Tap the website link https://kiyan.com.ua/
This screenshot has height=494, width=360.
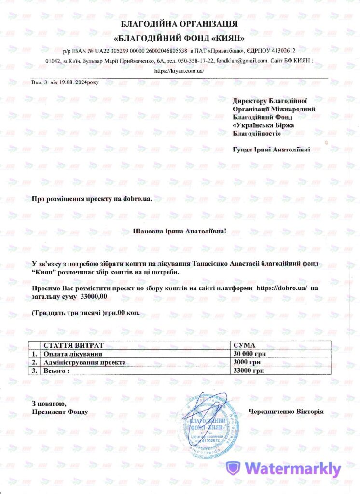pyautogui.click(x=180, y=70)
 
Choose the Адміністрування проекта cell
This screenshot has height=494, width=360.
pyautogui.click(x=84, y=362)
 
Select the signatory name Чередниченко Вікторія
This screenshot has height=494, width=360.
pyautogui.click(x=286, y=412)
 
